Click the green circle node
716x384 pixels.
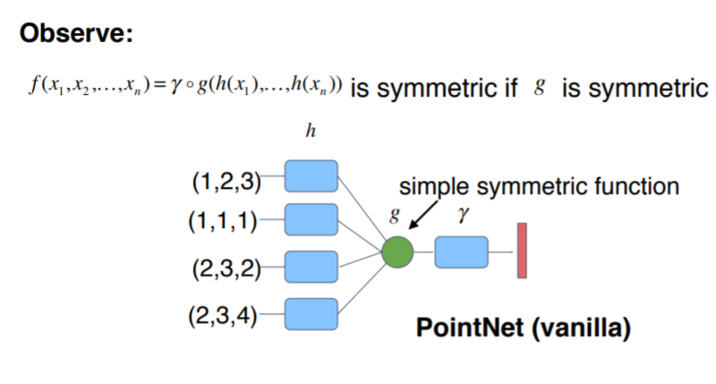coord(396,253)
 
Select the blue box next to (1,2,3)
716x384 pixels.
coord(311,175)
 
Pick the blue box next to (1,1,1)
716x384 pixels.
coord(311,218)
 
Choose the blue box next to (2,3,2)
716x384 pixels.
coord(311,265)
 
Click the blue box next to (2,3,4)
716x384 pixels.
coord(311,313)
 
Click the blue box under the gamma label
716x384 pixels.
coord(462,253)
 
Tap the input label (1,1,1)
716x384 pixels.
coord(226,219)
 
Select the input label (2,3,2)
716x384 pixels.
coord(226,267)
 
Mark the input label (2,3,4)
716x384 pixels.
coord(226,314)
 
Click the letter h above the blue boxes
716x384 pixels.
coord(310,132)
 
